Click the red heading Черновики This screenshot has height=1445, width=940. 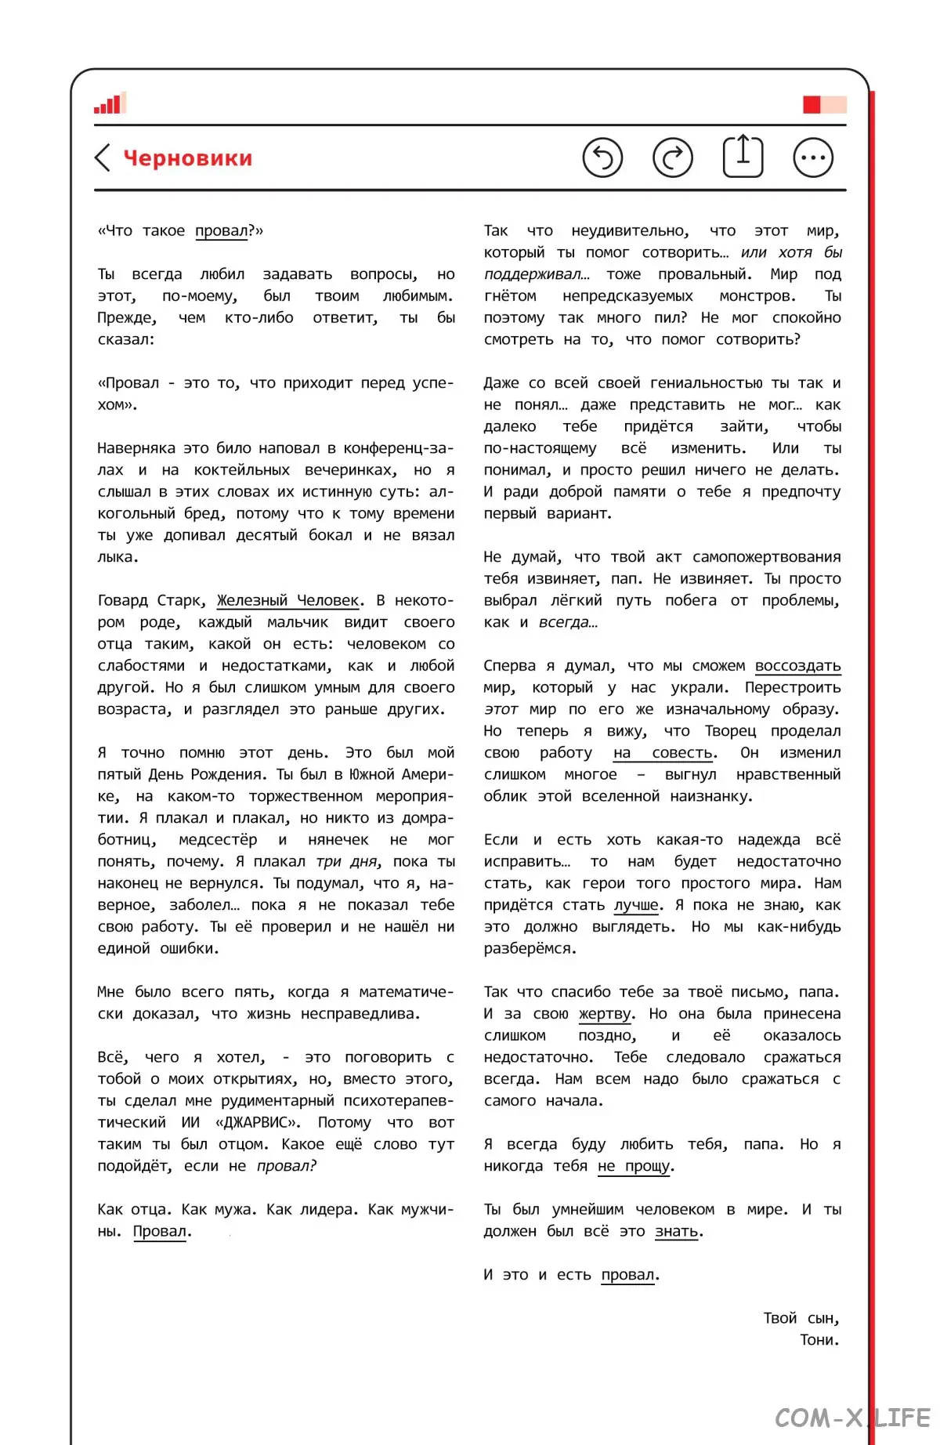[x=188, y=158]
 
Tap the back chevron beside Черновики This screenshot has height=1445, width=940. [x=103, y=158]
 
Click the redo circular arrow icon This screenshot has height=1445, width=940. [x=673, y=158]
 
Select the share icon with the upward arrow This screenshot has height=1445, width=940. [x=743, y=156]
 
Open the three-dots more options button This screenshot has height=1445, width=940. [x=813, y=158]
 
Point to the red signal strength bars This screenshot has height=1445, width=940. [x=109, y=104]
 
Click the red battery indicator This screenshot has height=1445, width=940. [x=823, y=104]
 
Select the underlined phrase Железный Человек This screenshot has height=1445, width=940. [x=288, y=600]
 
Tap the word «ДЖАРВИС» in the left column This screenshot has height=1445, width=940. [x=257, y=1122]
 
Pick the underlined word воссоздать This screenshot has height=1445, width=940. [x=797, y=665]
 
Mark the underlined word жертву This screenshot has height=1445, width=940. [x=605, y=1013]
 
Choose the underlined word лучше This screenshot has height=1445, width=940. [x=636, y=905]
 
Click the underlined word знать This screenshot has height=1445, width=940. [x=677, y=1231]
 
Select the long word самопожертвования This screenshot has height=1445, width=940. [x=766, y=557]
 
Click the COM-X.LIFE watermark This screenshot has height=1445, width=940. [x=852, y=1418]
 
